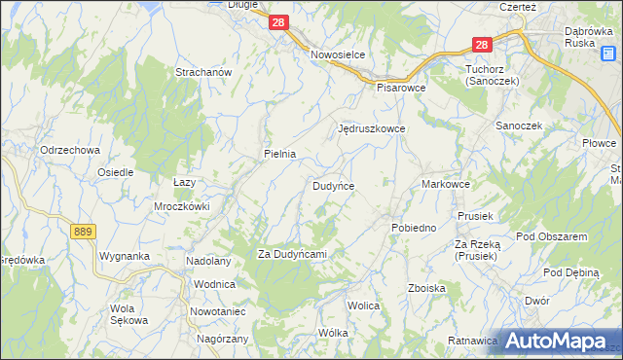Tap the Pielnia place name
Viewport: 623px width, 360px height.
tap(279, 154)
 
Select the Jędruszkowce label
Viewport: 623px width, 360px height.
tap(371, 128)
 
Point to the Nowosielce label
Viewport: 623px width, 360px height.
tap(337, 55)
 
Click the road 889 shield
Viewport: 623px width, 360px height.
tap(83, 231)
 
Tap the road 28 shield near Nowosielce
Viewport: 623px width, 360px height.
tap(279, 21)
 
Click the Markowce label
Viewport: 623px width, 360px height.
tap(446, 184)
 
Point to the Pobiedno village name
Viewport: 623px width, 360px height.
tap(413, 228)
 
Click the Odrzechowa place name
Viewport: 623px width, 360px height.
tap(70, 150)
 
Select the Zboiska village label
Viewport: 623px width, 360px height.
tap(427, 288)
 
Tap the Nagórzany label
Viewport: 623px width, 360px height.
tap(223, 339)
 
